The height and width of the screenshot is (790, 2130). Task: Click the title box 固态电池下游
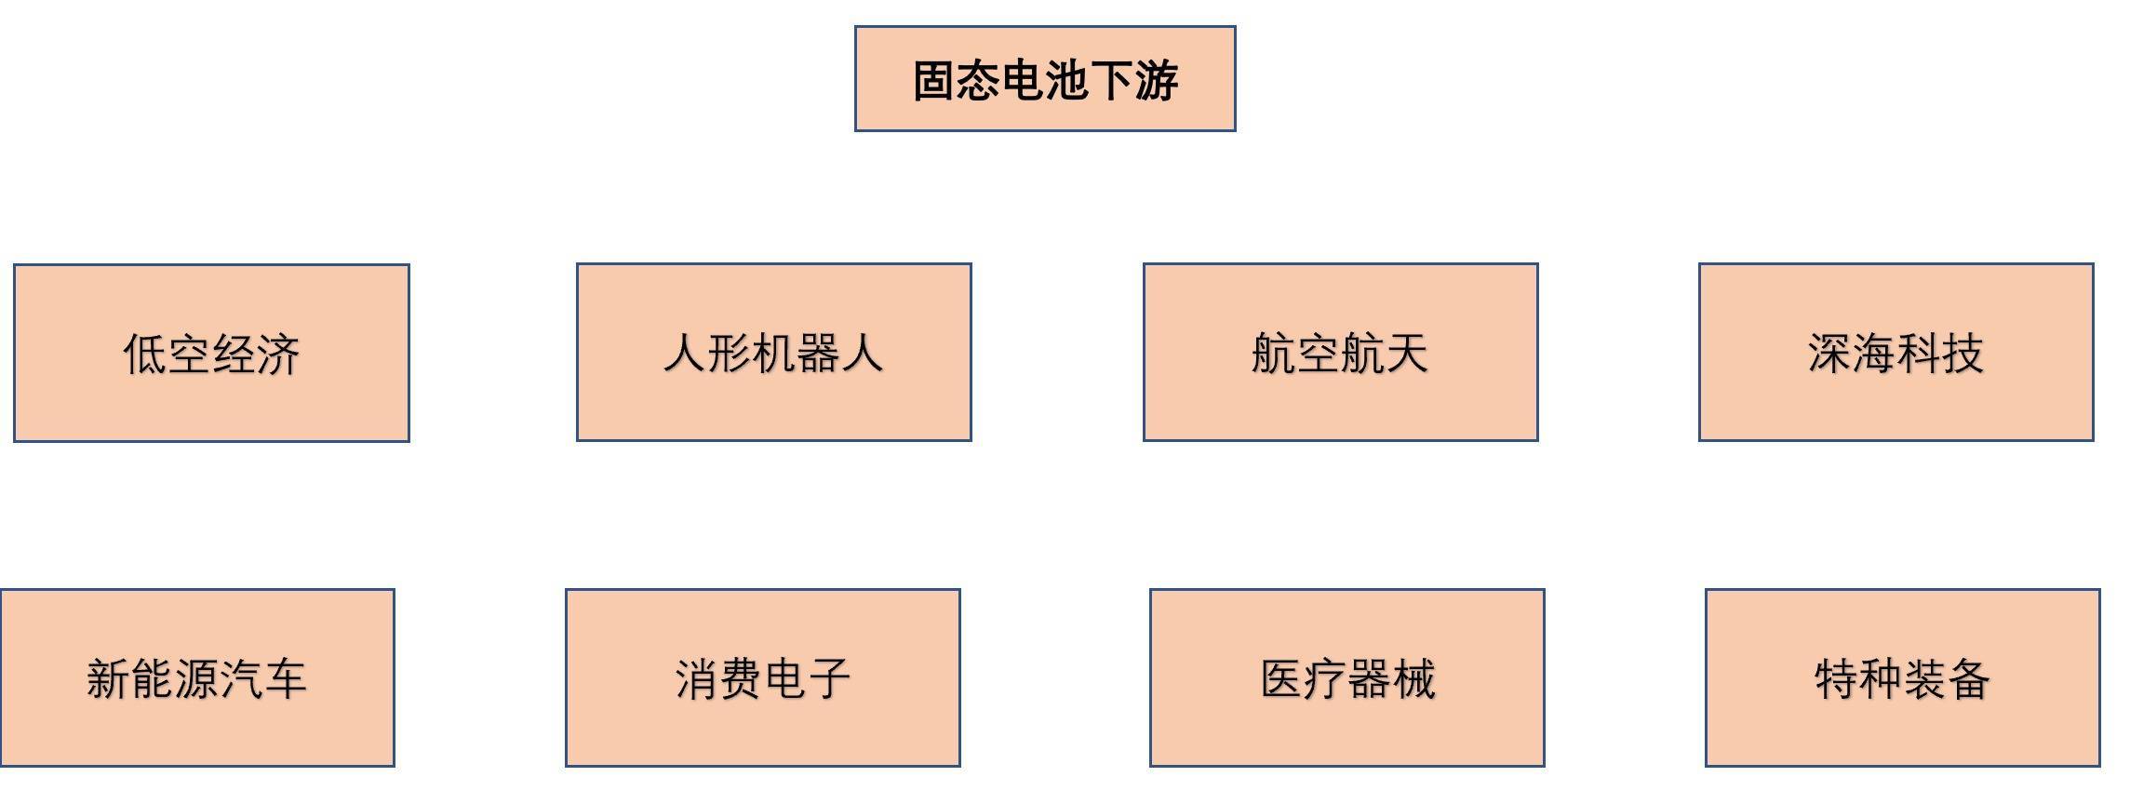click(1045, 79)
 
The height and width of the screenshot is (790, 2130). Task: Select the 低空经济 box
click(211, 353)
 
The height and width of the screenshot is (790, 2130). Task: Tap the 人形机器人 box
click(774, 352)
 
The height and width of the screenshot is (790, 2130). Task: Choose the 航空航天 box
click(1341, 352)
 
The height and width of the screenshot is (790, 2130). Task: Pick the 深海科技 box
click(1896, 352)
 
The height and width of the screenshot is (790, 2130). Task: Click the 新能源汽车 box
click(197, 677)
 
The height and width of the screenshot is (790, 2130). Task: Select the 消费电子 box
click(763, 677)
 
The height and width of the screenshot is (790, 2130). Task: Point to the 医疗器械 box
click(1347, 677)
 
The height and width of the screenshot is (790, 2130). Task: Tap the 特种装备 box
click(1903, 677)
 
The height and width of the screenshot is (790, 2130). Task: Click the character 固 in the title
click(934, 81)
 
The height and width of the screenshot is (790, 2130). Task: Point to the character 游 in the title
click(1157, 81)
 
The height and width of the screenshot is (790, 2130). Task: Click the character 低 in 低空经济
click(145, 355)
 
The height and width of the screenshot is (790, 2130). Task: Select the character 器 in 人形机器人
click(818, 354)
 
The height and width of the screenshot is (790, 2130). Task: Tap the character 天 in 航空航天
click(1406, 354)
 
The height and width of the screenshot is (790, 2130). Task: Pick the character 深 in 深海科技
click(1830, 354)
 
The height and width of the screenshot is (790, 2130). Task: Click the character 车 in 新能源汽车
click(285, 679)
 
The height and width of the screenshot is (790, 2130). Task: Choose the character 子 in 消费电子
click(828, 679)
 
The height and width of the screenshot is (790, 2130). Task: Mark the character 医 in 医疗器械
click(1283, 679)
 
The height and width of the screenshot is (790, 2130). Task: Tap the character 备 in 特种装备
click(1968, 679)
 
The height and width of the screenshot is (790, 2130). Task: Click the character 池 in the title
click(1067, 81)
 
